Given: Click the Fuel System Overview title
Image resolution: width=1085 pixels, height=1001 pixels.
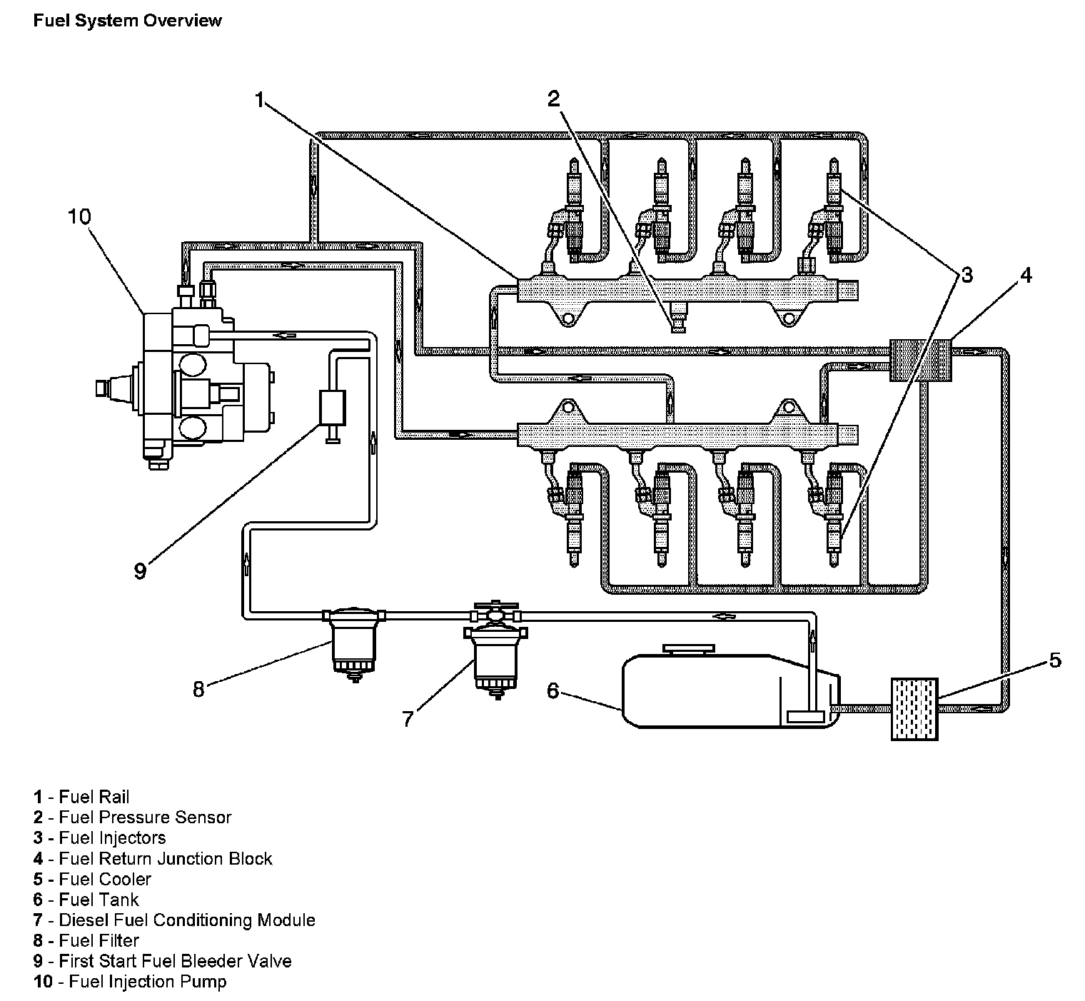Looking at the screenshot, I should click(127, 21).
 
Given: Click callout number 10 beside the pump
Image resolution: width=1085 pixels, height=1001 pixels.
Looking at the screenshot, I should click(79, 216).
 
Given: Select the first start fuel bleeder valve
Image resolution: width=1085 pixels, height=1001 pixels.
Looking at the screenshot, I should click(332, 409).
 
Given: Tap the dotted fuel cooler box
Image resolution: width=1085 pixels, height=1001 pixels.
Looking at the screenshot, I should click(914, 708).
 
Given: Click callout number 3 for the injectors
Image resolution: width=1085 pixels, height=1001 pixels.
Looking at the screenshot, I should click(966, 275).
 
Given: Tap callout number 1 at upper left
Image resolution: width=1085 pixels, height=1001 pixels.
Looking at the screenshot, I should click(261, 99).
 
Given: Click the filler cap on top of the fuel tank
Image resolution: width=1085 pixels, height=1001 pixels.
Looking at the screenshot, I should click(688, 649).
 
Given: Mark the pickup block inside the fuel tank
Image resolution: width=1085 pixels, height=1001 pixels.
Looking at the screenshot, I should click(807, 715).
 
